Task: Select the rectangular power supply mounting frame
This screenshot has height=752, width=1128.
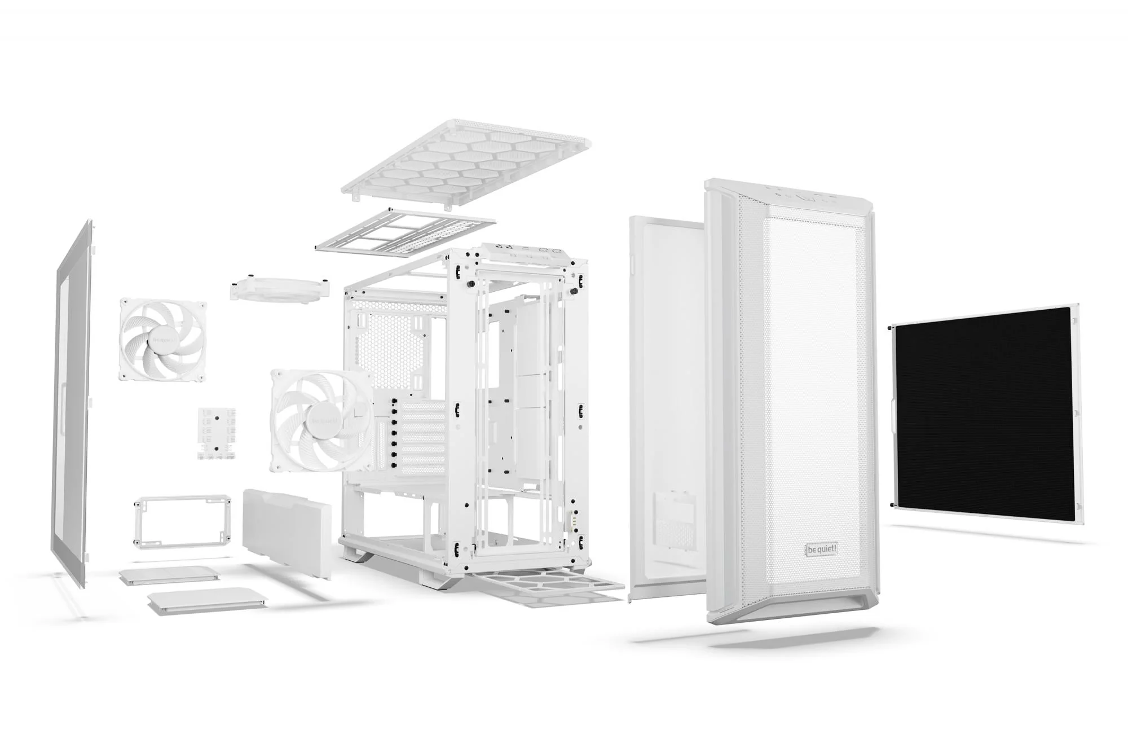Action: (x=182, y=520)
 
